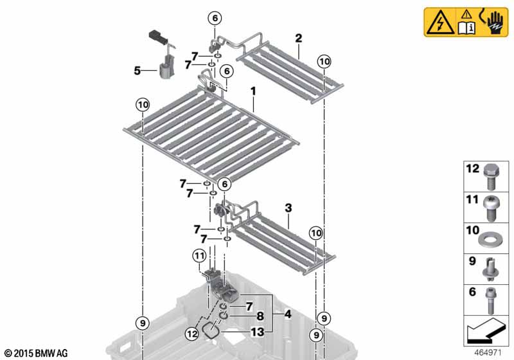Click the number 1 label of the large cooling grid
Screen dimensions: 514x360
253,91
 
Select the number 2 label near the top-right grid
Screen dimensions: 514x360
298,39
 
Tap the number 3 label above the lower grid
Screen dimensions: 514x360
288,208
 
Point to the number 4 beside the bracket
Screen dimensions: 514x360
287,314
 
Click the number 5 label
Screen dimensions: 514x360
137,71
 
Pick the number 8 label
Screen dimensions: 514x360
260,316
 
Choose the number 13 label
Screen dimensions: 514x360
258,332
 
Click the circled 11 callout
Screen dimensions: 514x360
200,256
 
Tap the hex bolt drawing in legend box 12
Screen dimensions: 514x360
491,176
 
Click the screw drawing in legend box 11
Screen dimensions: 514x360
491,209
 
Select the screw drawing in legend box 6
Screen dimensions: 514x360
490,300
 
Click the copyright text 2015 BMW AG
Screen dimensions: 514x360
36,354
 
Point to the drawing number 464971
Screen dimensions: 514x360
488,353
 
